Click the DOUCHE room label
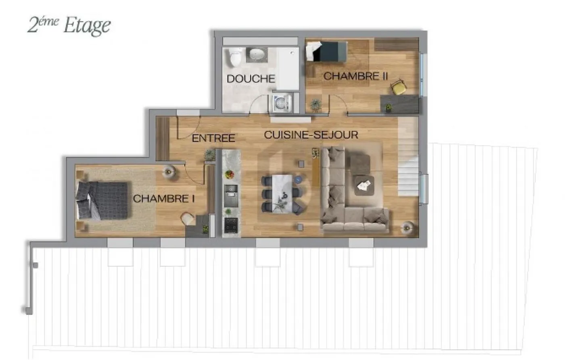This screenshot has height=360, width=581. (251, 79)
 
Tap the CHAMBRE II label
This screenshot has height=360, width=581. (355, 76)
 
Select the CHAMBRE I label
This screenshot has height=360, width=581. (164, 198)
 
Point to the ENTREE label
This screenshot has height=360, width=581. (213, 138)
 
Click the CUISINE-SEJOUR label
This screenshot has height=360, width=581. (311, 135)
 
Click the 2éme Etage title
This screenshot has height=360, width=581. (69, 25)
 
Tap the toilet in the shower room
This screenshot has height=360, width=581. (234, 57)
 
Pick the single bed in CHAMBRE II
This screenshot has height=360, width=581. (326, 52)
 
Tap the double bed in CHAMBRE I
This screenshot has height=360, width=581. (102, 201)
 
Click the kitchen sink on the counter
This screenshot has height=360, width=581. (231, 191)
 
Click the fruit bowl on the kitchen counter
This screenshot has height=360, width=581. (230, 174)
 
